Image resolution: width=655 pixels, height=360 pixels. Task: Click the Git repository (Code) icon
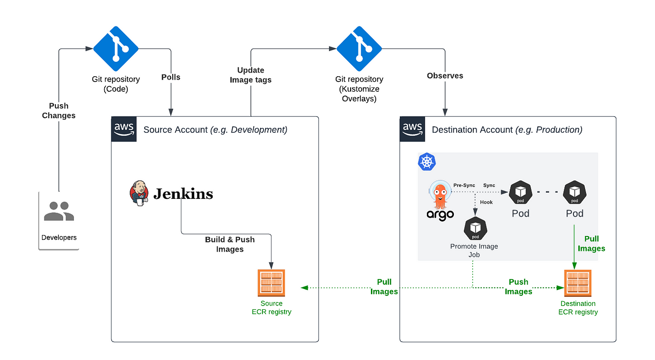[x=116, y=49]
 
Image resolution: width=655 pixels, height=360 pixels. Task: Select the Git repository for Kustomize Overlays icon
[x=359, y=49]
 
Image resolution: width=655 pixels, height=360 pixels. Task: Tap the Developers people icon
[x=58, y=211]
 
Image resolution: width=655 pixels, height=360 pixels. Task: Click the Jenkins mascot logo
[x=139, y=194]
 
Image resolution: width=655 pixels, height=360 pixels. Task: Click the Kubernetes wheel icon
[x=427, y=162]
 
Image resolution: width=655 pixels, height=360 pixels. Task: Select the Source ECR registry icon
[x=272, y=283]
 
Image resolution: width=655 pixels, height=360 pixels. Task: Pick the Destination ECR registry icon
[x=578, y=283]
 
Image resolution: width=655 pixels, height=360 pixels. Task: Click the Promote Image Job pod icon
[x=476, y=228]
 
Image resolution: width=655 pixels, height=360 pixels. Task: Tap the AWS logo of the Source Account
[x=124, y=129]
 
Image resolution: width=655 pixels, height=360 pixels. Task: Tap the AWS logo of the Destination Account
[x=412, y=129]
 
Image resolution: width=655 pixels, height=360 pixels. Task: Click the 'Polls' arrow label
[x=171, y=77]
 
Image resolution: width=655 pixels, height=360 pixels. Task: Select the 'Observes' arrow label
[x=445, y=76]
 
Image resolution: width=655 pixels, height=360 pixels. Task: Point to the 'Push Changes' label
[x=59, y=111]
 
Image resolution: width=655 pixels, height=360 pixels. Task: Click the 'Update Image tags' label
[x=251, y=75]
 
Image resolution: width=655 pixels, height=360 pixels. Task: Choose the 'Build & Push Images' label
[x=230, y=244]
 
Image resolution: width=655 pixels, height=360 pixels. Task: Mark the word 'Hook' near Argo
[x=486, y=202]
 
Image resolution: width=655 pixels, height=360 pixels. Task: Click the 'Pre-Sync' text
[x=464, y=185]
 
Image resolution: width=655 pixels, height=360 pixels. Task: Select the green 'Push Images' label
[x=519, y=287]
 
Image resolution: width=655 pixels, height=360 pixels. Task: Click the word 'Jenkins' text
[x=183, y=194]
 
